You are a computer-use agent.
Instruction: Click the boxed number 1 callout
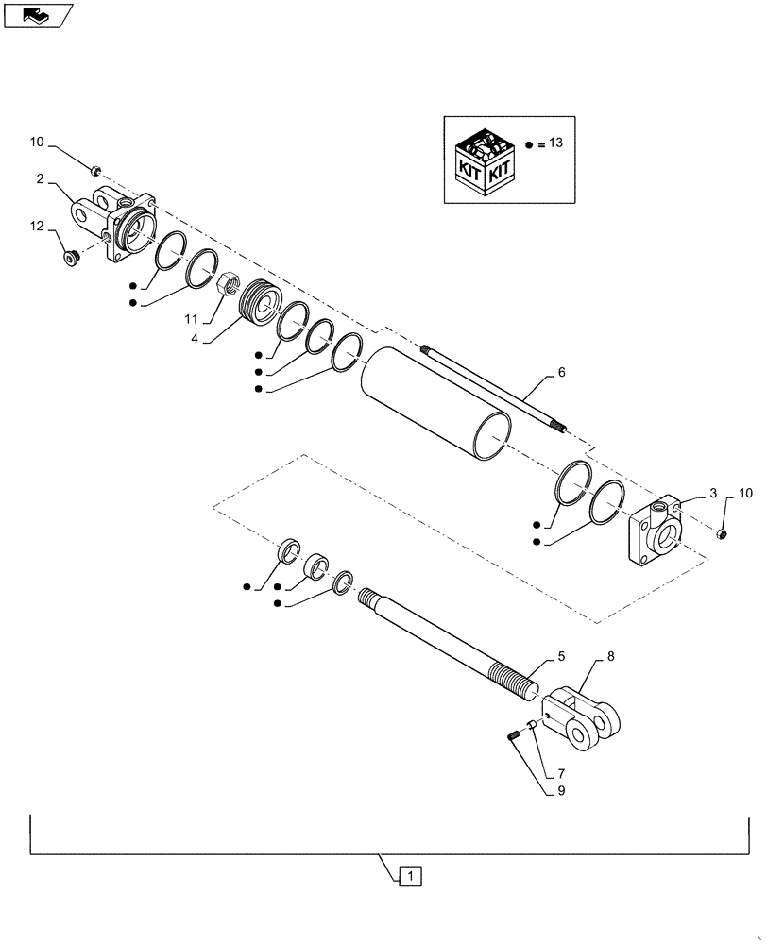411,876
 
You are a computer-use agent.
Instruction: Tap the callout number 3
713,494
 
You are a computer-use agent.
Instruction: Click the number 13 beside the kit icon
554,143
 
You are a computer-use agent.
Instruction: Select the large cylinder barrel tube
435,401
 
